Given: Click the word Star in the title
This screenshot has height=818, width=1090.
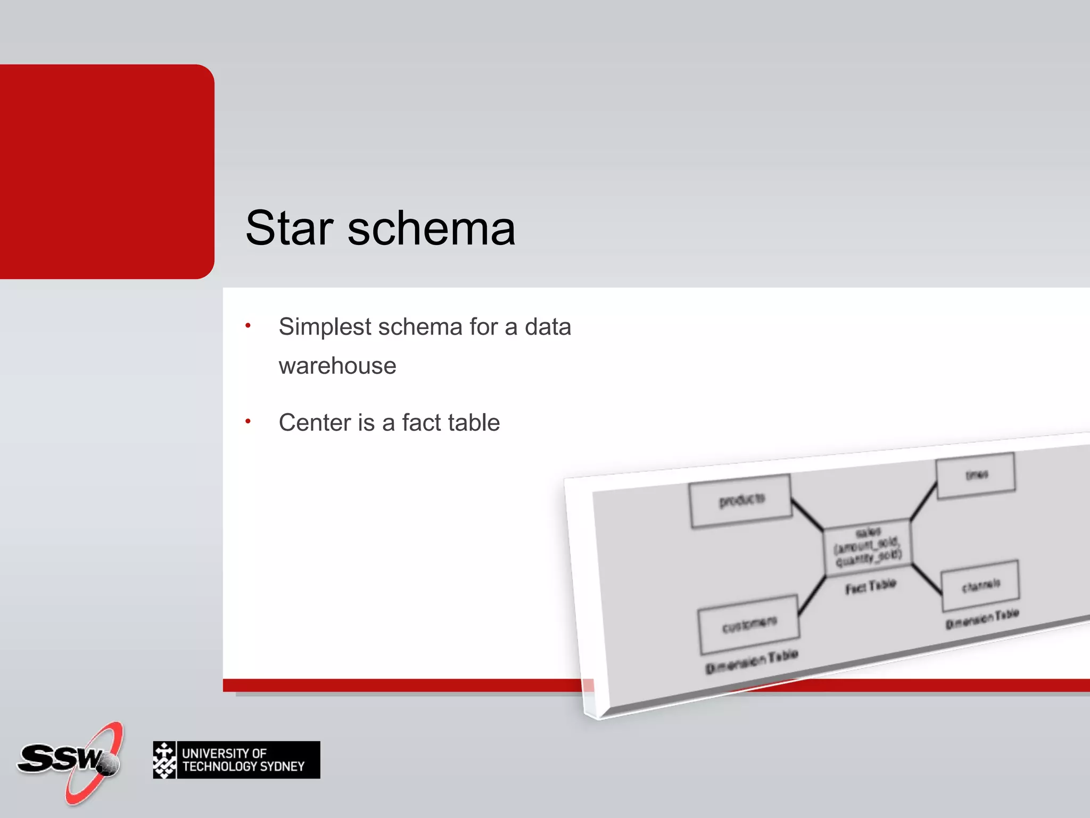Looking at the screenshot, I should [289, 228].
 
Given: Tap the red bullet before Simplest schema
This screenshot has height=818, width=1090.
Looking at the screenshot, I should [248, 325].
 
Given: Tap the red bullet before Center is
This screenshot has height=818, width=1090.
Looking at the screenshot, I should [248, 421].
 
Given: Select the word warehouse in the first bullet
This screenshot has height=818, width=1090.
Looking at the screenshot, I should [337, 366].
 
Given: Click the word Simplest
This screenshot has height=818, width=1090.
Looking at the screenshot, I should [325, 327].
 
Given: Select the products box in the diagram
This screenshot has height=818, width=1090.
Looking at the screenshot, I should [741, 501].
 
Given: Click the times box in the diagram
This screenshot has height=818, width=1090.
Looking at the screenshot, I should [976, 475].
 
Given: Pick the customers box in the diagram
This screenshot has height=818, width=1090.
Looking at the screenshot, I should [749, 624].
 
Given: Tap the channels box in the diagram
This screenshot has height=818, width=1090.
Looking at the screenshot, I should [980, 586].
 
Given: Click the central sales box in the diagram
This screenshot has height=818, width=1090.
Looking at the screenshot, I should [868, 547].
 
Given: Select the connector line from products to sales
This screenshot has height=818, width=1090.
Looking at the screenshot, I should [807, 514].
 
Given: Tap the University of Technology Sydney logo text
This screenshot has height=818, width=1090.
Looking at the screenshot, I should [243, 760].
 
